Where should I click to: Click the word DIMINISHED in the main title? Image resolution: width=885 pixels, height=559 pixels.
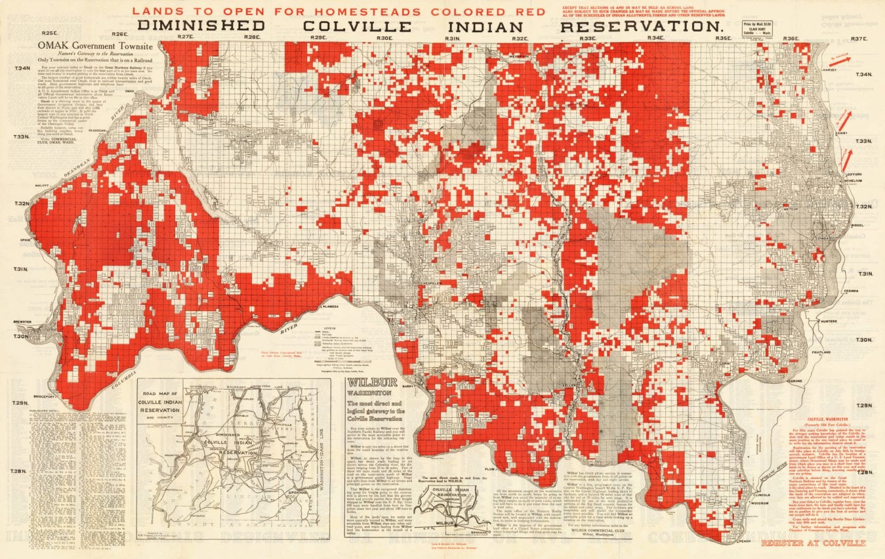201,26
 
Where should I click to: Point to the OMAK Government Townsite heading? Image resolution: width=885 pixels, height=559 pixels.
95,45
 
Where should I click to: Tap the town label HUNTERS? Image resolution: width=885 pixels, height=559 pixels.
830,321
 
